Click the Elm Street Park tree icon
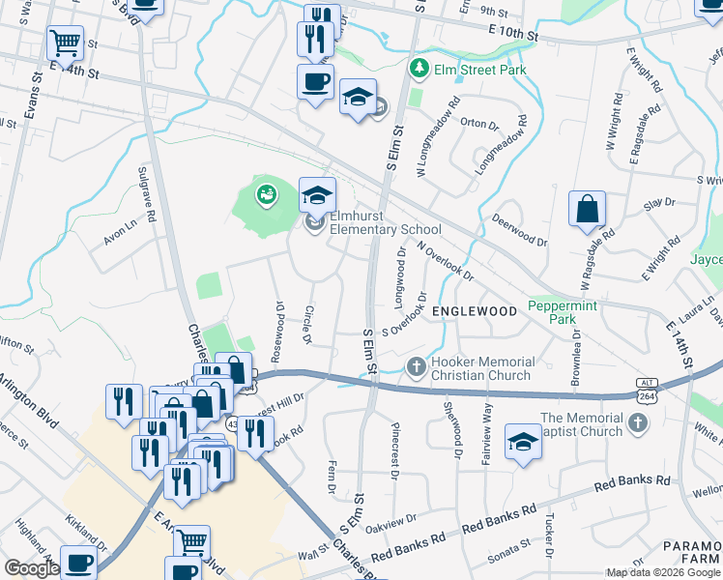pos(419,70)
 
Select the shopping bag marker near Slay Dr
pos(587,209)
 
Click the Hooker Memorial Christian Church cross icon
pos(417,367)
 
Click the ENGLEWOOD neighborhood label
pos(475,311)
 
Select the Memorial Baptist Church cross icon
pos(637,422)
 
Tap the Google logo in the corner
pos(30,568)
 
